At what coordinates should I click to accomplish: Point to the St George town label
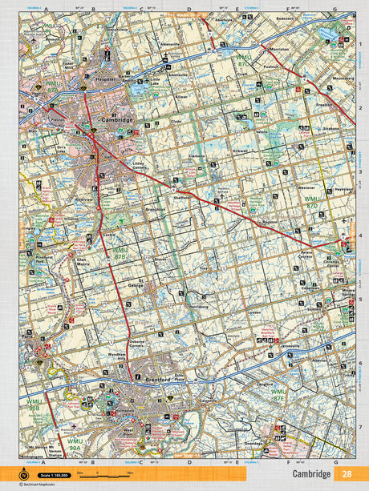pos(136,284)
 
